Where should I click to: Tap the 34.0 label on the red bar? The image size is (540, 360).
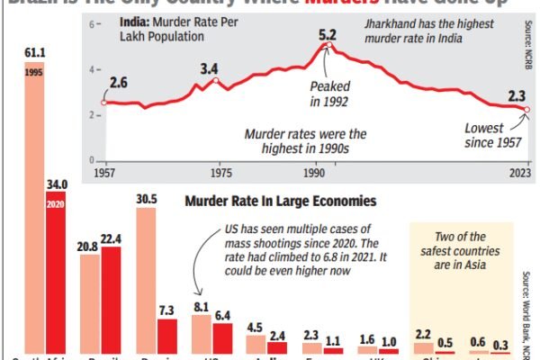click(x=57, y=184)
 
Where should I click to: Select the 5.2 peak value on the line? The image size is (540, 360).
click(x=328, y=35)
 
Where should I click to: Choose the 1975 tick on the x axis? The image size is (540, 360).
click(x=214, y=170)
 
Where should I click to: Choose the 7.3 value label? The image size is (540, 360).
click(x=167, y=310)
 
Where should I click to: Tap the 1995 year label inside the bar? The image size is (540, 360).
click(x=35, y=73)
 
